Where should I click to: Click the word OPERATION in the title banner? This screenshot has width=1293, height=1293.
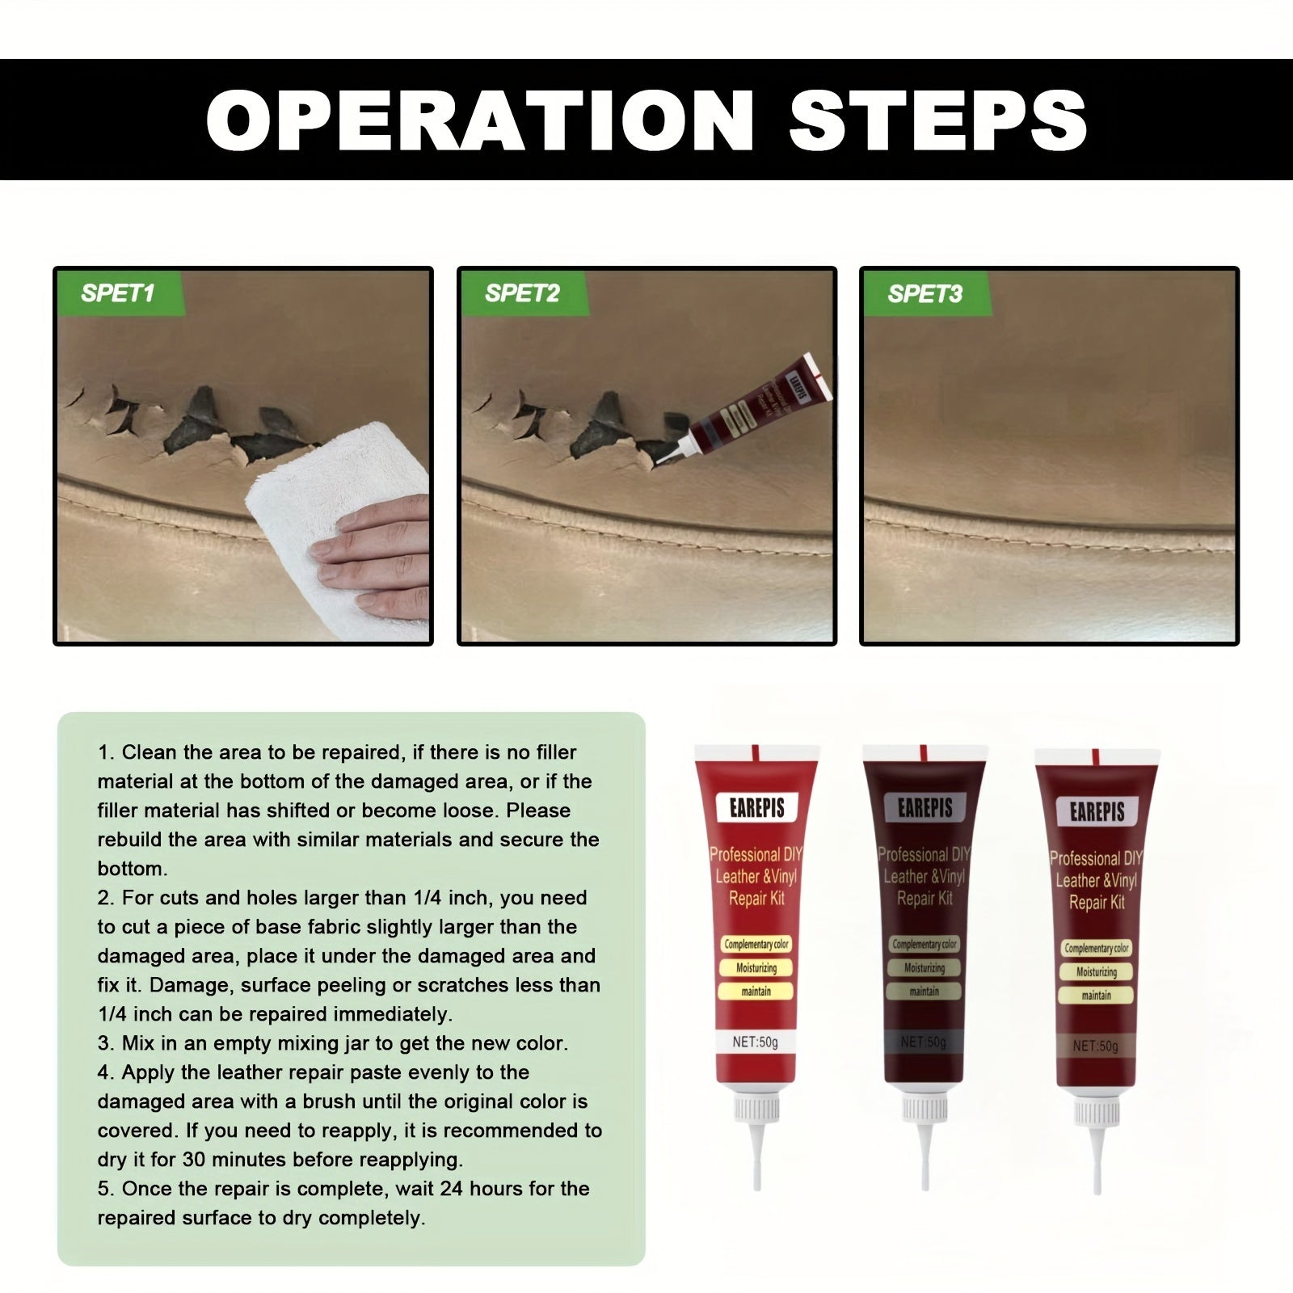[480, 120]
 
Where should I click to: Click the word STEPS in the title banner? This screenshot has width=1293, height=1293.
[937, 120]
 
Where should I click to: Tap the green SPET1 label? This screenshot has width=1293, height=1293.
[118, 293]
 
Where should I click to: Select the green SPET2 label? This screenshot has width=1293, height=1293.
[522, 293]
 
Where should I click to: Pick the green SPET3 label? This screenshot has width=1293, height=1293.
[924, 293]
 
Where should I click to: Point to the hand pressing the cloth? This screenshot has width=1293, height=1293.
[380, 558]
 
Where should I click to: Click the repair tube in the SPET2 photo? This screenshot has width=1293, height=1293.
[752, 408]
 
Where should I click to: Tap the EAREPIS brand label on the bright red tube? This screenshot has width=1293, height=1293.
[756, 807]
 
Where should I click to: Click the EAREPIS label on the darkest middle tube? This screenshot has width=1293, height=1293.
[924, 807]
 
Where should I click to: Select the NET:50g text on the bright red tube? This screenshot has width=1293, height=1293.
[755, 1042]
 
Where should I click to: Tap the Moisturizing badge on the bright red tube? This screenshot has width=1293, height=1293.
[756, 968]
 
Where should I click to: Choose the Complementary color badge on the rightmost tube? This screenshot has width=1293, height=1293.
[1097, 948]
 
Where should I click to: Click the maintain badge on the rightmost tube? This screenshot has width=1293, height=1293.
[1097, 996]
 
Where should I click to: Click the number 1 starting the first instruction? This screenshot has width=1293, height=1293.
[103, 752]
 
